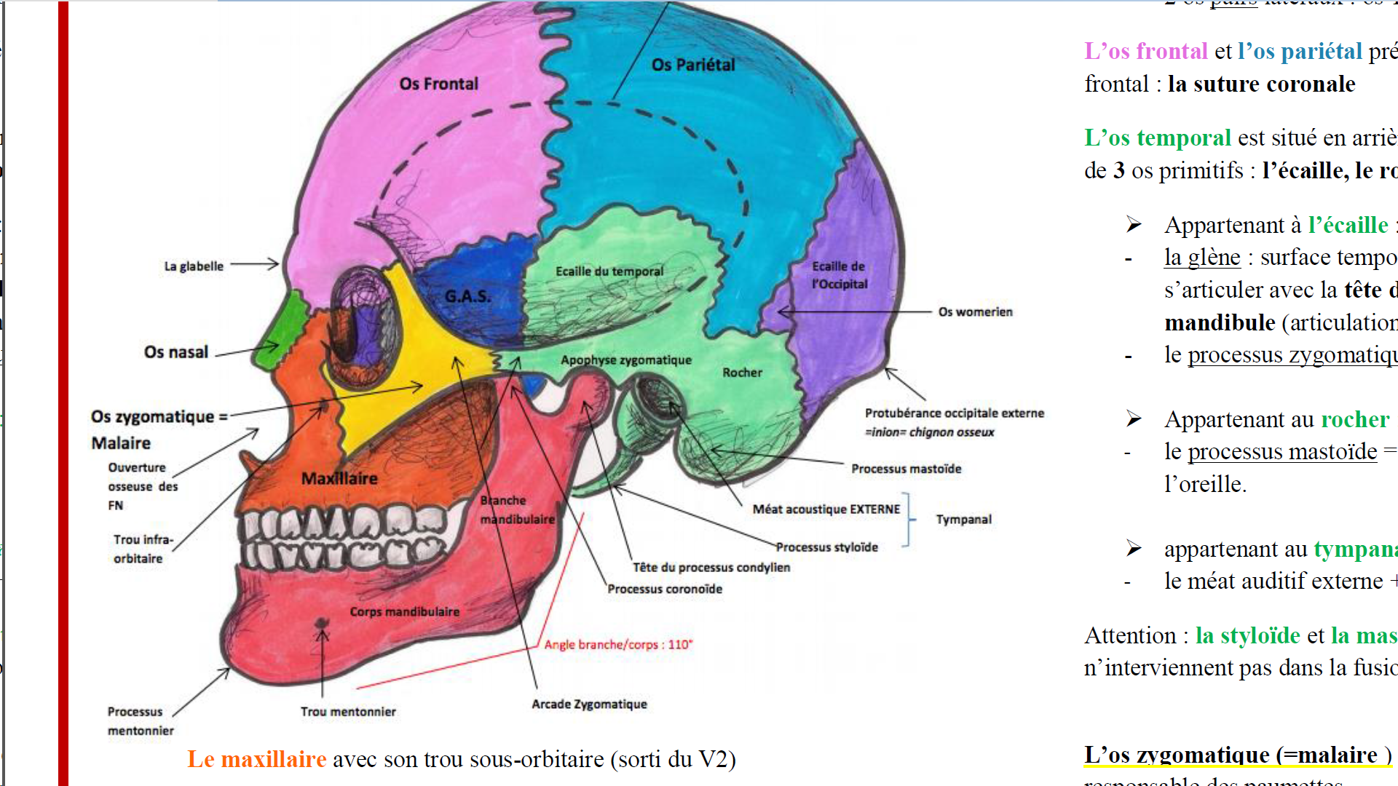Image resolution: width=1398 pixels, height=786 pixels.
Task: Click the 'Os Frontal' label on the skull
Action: (438, 84)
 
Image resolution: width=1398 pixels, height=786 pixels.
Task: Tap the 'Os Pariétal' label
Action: (693, 65)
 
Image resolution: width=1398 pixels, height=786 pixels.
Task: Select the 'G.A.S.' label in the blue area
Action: (467, 296)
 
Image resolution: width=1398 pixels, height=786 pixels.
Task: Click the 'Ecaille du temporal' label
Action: (609, 271)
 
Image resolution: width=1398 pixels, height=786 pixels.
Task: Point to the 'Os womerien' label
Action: (975, 312)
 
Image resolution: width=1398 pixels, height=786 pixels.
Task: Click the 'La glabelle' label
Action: (194, 266)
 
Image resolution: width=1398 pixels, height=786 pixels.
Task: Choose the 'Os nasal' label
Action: (176, 352)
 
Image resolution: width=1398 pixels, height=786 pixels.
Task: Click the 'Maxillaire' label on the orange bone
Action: (339, 478)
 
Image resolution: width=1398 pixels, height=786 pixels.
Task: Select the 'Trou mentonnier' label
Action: (348, 712)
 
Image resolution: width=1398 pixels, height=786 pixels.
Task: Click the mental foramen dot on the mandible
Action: (321, 624)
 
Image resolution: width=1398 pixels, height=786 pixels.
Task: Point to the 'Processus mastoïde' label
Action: (906, 469)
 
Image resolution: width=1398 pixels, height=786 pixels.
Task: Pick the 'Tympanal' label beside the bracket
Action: (963, 520)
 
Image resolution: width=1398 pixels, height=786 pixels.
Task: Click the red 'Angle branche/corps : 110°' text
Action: (618, 645)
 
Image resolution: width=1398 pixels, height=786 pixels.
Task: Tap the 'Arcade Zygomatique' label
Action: (589, 704)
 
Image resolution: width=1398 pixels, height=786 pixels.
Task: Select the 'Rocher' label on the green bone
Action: (742, 373)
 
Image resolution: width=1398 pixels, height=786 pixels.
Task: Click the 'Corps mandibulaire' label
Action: (404, 612)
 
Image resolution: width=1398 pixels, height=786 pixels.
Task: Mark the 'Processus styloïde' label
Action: (826, 547)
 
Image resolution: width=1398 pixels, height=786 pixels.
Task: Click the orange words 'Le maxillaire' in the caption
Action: (256, 759)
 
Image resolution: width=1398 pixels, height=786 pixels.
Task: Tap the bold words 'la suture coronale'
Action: (1261, 84)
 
